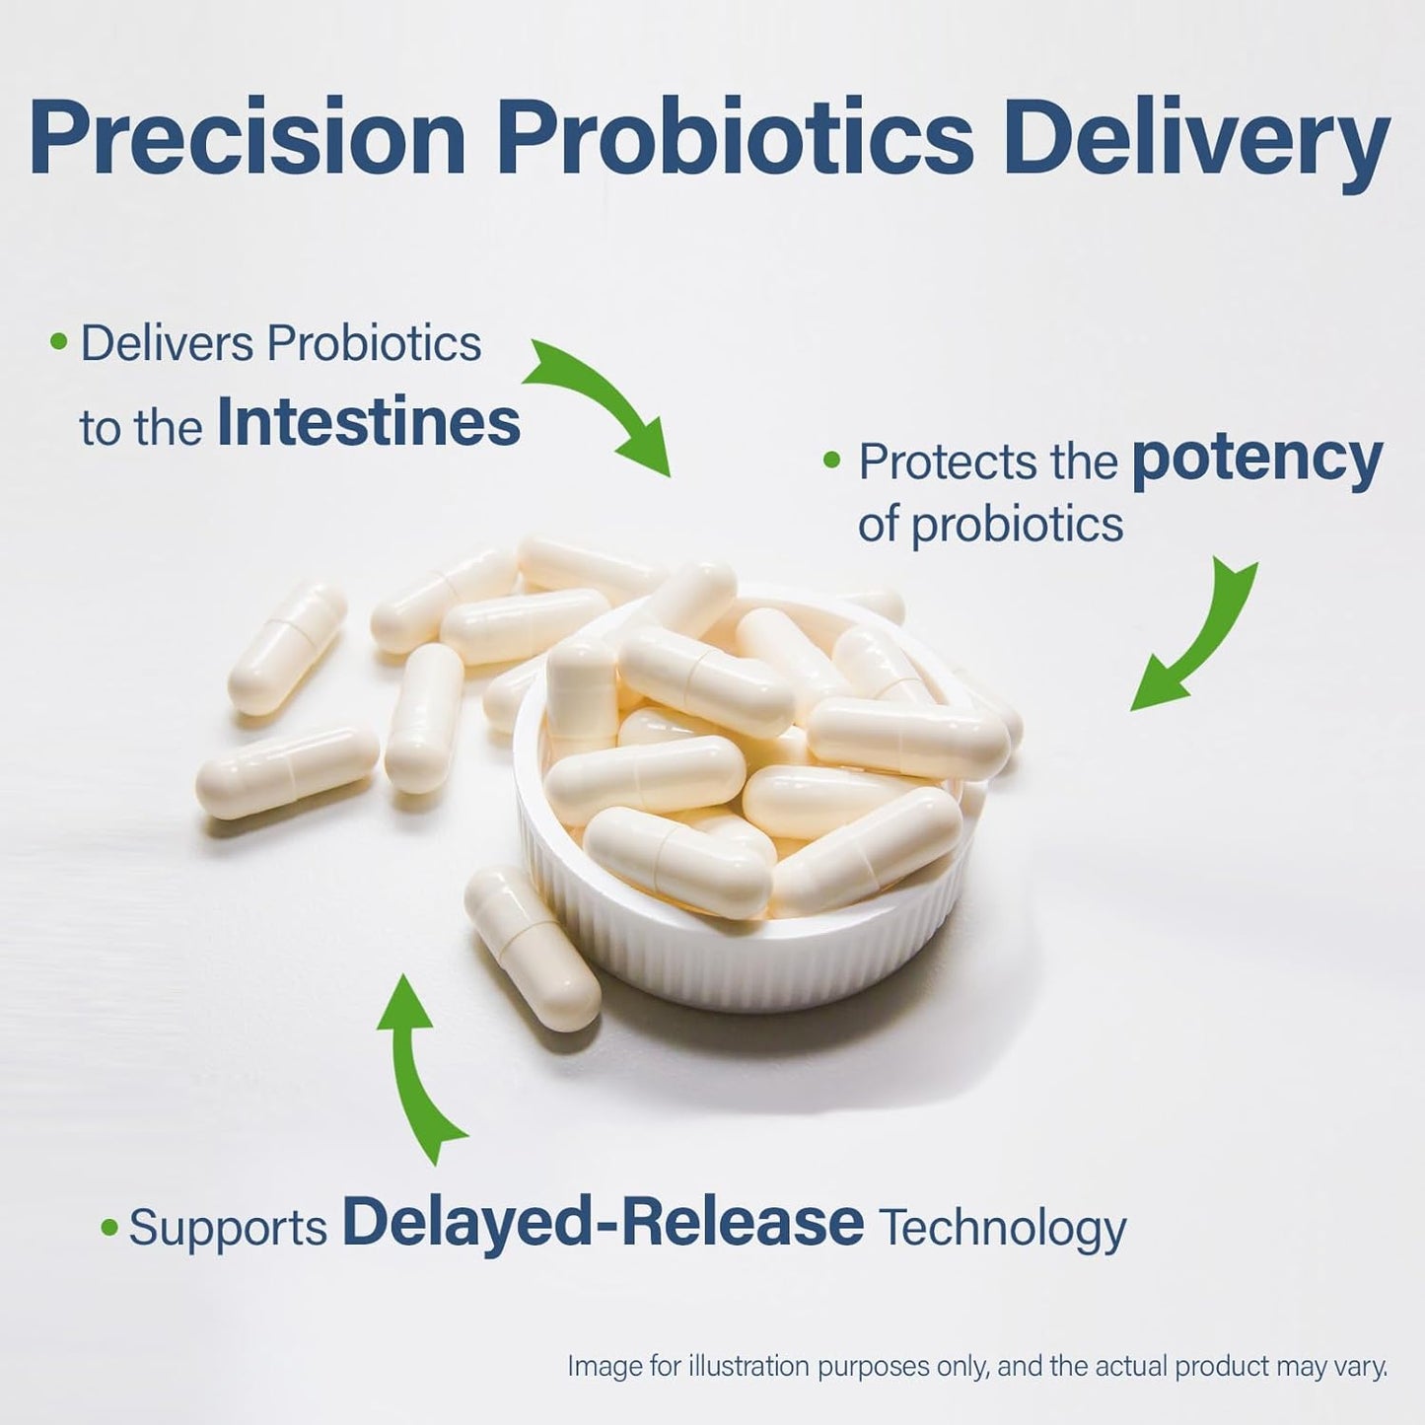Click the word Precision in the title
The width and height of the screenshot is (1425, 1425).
click(247, 138)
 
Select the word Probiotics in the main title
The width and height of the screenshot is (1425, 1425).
click(735, 138)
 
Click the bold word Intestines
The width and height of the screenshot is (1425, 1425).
click(368, 423)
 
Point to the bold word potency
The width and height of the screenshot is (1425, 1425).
click(1257, 461)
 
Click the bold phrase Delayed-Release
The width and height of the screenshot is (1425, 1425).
click(603, 1223)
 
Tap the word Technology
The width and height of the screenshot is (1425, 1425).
click(1002, 1229)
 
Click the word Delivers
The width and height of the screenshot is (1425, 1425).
click(167, 344)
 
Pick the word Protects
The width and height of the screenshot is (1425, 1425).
click(987, 463)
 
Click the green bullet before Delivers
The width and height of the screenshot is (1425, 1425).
click(59, 342)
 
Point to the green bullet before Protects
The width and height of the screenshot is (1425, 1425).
click(832, 460)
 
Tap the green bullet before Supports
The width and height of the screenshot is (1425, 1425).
click(109, 1228)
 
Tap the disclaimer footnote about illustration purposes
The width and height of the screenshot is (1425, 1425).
click(976, 1367)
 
